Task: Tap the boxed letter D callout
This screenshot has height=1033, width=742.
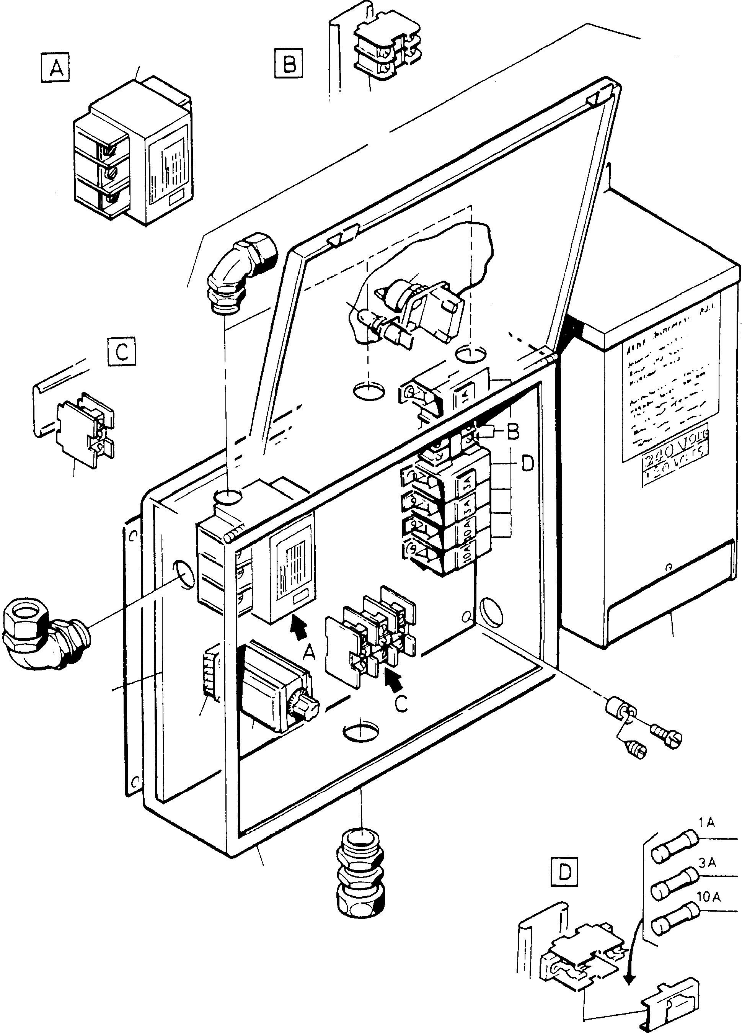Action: tap(564, 872)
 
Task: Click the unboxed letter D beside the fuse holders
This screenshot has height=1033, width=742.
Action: tap(527, 464)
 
